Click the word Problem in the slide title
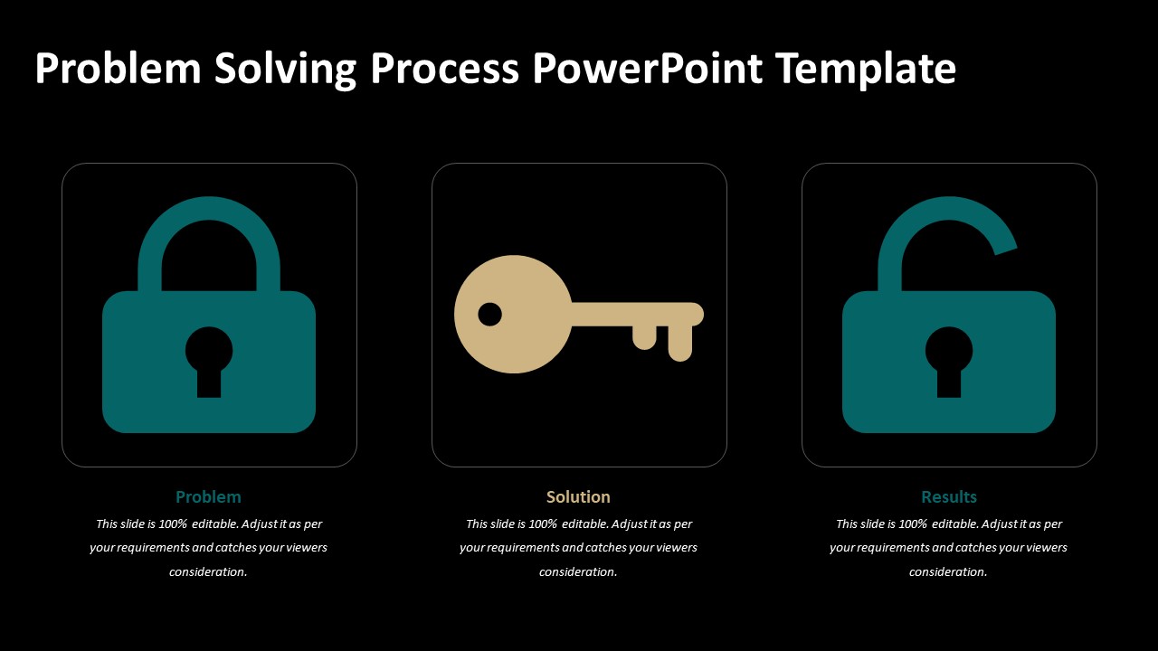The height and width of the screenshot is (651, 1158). [118, 69]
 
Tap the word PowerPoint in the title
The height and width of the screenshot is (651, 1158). [647, 69]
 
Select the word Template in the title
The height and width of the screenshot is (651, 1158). [866, 69]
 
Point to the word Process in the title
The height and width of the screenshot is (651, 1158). [444, 69]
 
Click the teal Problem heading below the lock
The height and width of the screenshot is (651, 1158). [208, 496]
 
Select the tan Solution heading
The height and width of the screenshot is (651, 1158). [578, 496]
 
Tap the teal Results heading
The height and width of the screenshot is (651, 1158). [949, 496]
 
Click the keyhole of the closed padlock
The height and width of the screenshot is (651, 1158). [209, 357]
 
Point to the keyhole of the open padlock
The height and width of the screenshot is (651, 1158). [949, 357]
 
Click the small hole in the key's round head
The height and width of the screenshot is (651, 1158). [489, 315]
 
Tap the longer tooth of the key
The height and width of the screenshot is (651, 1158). [680, 342]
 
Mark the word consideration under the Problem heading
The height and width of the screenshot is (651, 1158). [208, 571]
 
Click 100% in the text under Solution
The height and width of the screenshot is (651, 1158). [543, 524]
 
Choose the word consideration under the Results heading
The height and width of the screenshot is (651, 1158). [948, 571]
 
